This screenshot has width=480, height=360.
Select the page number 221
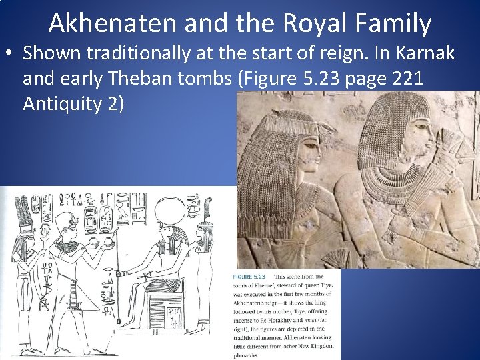[x=403, y=79]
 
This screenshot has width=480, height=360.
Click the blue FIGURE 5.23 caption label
[x=249, y=277]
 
